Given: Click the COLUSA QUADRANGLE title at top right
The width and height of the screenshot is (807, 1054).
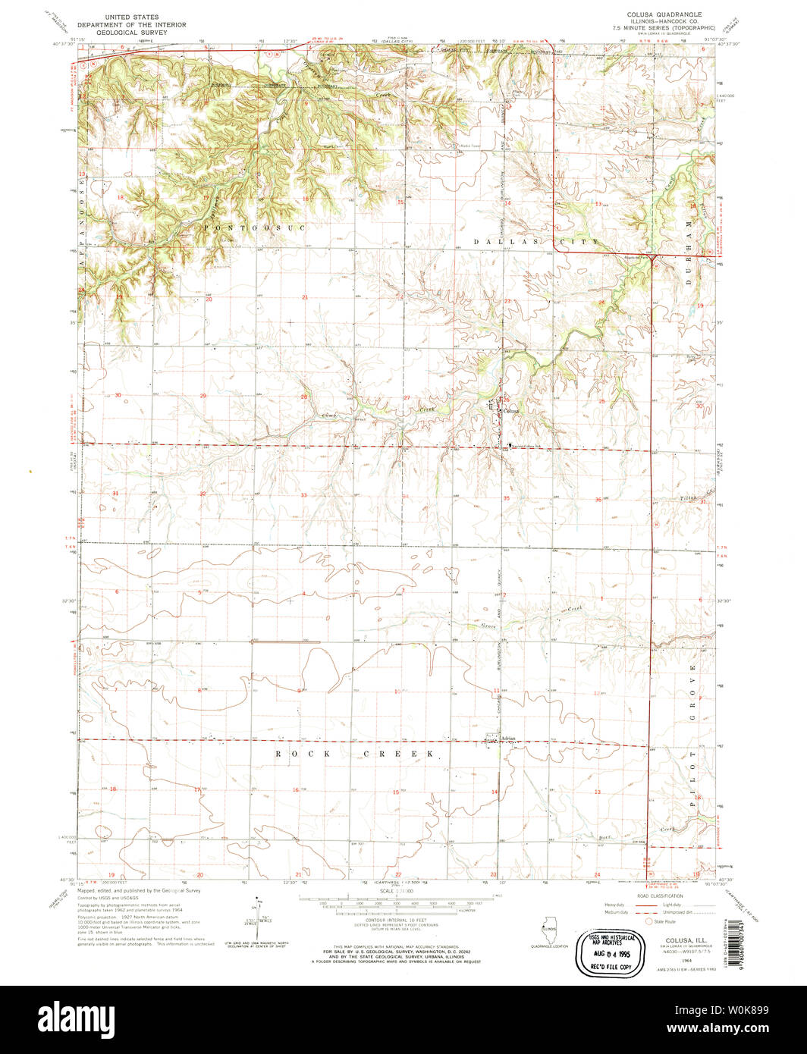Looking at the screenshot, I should point(664,14).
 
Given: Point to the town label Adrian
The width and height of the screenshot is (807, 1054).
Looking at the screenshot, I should point(507,737).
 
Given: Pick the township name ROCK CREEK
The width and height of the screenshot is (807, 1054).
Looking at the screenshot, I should point(356,754).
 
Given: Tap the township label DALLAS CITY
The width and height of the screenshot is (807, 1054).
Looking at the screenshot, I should point(536,241).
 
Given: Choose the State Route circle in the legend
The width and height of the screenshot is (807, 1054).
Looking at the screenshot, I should point(648,921).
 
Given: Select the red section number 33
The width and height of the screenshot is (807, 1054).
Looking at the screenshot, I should point(303,494).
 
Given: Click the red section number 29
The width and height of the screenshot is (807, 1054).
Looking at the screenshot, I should point(203,396).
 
